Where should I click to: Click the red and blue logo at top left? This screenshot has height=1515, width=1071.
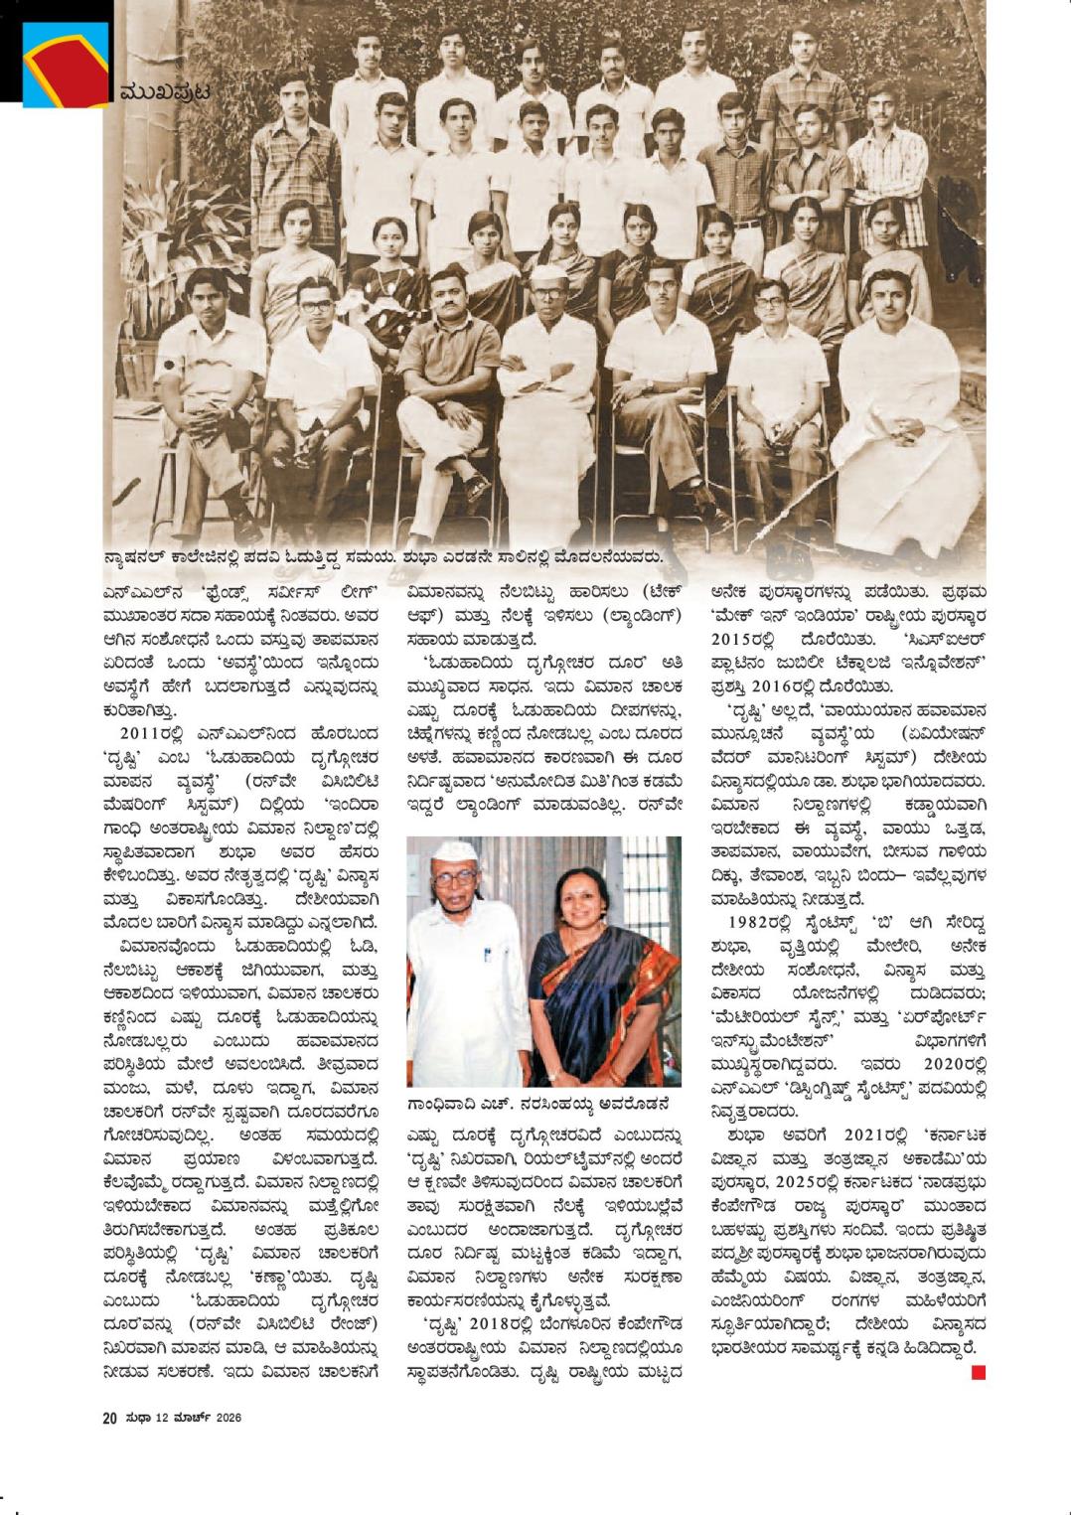[x=62, y=62]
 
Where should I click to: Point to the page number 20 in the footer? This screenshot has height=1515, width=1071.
[x=109, y=1417]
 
